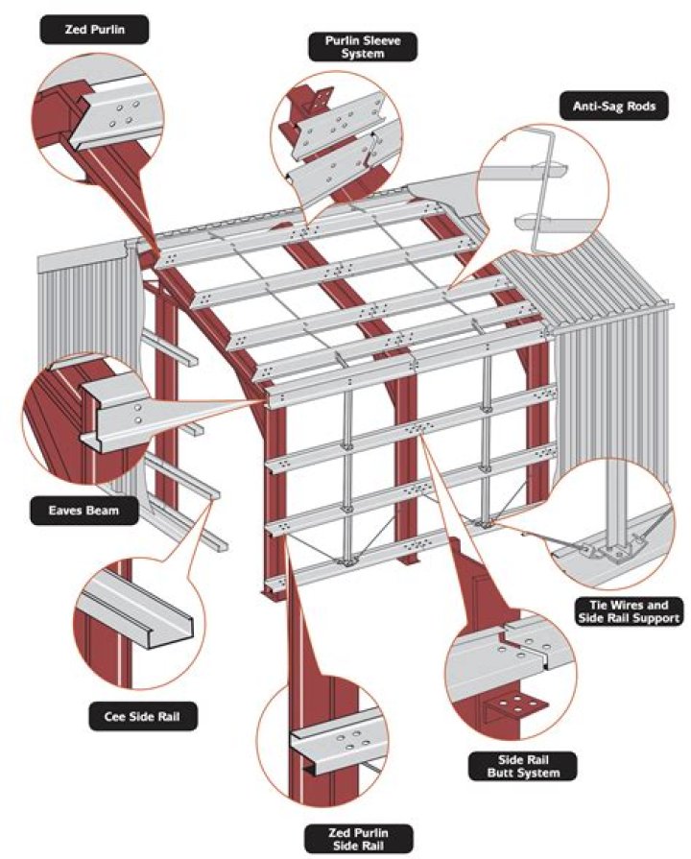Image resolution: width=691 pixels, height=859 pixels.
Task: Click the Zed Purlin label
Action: [94, 30]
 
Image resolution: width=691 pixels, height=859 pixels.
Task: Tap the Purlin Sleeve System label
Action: [362, 47]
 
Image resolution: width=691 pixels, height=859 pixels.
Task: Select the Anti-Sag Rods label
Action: [613, 106]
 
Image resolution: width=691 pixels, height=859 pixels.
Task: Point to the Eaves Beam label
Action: [83, 511]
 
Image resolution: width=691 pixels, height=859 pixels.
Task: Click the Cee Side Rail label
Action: [142, 716]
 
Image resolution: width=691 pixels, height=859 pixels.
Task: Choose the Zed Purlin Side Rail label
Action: [358, 839]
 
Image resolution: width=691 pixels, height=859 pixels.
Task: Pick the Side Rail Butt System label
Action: [523, 767]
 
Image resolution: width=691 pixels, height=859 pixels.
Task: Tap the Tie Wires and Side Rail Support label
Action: [629, 612]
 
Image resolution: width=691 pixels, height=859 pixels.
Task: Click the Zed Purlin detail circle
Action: [102, 119]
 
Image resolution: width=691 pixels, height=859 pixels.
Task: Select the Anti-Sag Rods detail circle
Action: [542, 189]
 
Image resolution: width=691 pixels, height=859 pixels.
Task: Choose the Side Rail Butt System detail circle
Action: [512, 674]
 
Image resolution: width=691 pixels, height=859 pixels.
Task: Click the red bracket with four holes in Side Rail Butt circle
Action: [515, 705]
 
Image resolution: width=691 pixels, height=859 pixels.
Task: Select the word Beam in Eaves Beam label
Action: [103, 511]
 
